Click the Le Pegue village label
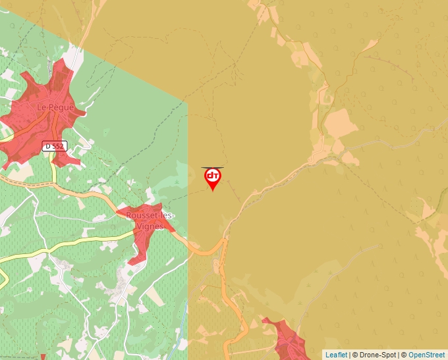[x=55, y=107]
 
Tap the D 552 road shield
[x=55, y=146]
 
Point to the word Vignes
[x=149, y=226]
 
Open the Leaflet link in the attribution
[x=336, y=355]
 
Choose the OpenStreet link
[x=428, y=355]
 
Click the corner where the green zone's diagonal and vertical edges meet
[x=188, y=103]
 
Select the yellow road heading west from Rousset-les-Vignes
[x=66, y=242]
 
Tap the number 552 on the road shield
[x=59, y=146]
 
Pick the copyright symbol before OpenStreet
[x=404, y=355]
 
